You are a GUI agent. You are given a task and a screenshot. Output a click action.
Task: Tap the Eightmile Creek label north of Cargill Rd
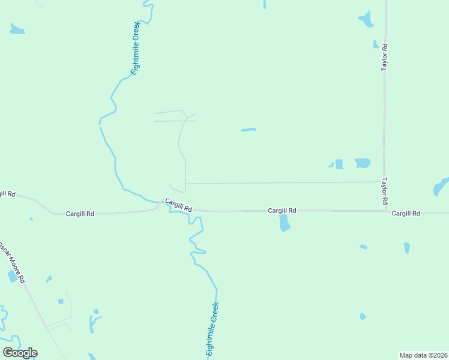[x=136, y=47]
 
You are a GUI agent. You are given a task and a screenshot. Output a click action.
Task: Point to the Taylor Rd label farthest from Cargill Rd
[x=385, y=57]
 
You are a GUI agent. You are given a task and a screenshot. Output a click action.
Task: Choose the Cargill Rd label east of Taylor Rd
[x=406, y=214]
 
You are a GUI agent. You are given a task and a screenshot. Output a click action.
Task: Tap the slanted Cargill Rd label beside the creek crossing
[x=178, y=205]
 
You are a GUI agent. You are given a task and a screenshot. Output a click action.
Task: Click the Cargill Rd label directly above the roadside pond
[x=282, y=211]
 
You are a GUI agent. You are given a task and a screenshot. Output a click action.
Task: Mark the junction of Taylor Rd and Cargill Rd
[x=385, y=211]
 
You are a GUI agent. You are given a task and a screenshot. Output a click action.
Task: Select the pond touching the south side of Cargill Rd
[x=285, y=223]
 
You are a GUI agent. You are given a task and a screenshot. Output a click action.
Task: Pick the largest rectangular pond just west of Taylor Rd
[x=362, y=163]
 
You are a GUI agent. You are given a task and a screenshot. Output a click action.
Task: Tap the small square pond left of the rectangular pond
[x=339, y=164]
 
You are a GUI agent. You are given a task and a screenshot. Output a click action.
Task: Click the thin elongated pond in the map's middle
[x=248, y=130]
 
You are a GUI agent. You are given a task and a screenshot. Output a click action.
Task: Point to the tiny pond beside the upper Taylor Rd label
[x=376, y=44]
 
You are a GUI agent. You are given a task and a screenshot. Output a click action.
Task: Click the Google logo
[x=20, y=353]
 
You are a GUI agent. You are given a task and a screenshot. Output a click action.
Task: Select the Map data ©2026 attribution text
[x=424, y=355]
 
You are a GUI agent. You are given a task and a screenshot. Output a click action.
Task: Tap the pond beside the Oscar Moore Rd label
[x=13, y=276]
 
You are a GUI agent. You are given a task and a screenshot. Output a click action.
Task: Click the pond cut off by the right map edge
[x=441, y=187]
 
